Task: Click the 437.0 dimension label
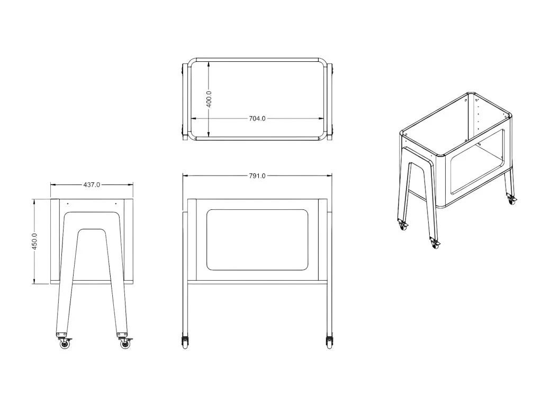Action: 92,185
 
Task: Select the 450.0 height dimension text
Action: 35,241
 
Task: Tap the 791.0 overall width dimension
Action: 257,176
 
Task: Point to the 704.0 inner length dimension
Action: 257,118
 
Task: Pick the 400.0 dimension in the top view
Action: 209,98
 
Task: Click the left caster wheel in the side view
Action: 65,344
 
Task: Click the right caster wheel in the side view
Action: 125,344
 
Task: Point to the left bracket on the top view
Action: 185,100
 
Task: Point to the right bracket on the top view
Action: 330,100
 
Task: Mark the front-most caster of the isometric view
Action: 435,244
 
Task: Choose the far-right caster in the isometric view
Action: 511,200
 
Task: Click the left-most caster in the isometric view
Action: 403,225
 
